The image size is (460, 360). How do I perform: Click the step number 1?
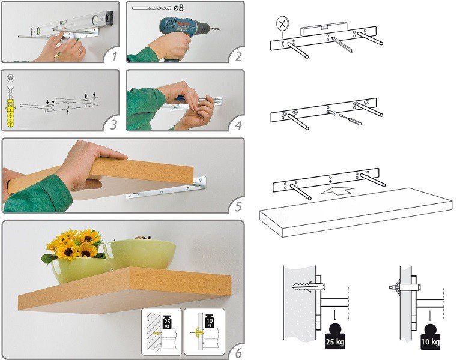click(115, 56)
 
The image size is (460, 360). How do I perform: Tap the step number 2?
click(238, 56)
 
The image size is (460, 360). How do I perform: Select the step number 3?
click(113, 125)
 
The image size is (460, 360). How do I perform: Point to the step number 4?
click(238, 125)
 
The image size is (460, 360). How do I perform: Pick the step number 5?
click(238, 206)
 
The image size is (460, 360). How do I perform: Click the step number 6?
click(238, 353)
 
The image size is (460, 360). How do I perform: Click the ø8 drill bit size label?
click(178, 8)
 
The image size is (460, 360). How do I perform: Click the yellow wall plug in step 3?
click(11, 113)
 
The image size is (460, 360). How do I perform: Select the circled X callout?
click(282, 24)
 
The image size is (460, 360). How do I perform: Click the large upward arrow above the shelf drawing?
click(338, 190)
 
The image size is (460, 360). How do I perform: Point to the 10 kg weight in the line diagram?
click(431, 337)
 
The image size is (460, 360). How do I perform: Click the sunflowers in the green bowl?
click(73, 245)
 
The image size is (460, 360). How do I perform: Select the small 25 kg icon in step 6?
click(167, 322)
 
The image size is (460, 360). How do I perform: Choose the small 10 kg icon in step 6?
click(210, 322)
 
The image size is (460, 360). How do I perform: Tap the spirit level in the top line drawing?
click(324, 28)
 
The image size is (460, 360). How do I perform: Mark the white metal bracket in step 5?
click(166, 187)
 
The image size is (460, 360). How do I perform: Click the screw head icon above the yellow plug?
click(11, 78)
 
